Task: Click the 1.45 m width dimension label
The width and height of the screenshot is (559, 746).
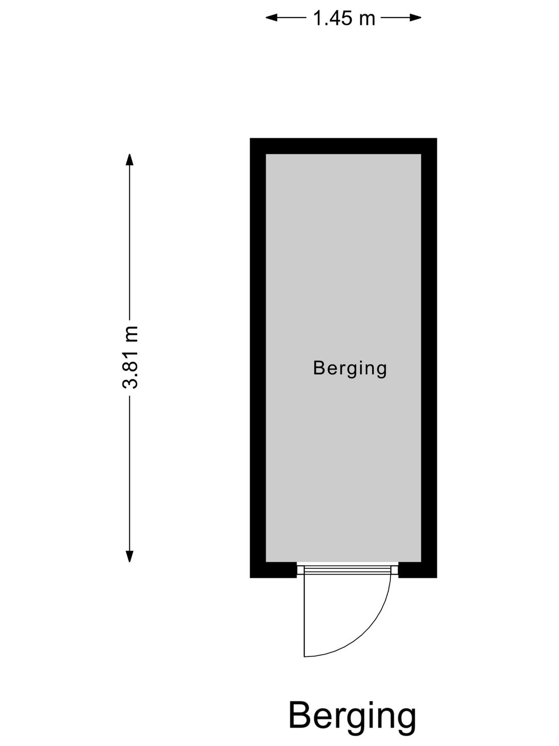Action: pyautogui.click(x=344, y=18)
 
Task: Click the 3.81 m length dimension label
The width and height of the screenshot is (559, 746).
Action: pyautogui.click(x=130, y=357)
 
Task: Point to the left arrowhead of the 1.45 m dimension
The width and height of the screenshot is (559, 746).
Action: pyautogui.click(x=271, y=18)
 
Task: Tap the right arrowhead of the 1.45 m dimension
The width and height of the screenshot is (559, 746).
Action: pyautogui.click(x=416, y=18)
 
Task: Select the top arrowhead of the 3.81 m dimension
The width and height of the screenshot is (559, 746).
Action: pyautogui.click(x=129, y=160)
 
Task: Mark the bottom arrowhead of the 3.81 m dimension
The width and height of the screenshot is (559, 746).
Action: pyautogui.click(x=129, y=556)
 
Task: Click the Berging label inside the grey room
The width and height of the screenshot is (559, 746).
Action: pyautogui.click(x=350, y=369)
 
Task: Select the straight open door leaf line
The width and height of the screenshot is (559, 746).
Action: pyautogui.click(x=304, y=616)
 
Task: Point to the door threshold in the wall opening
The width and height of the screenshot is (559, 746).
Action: pyautogui.click(x=347, y=570)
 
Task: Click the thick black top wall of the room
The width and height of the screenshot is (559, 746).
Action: pyautogui.click(x=343, y=146)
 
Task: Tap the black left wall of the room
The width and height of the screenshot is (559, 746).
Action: pyautogui.click(x=258, y=358)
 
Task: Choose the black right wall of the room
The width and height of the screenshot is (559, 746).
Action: pyautogui.click(x=429, y=358)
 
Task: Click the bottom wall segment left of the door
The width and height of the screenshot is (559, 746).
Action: pyautogui.click(x=273, y=570)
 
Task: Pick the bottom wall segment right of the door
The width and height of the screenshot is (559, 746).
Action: pyautogui.click(x=418, y=570)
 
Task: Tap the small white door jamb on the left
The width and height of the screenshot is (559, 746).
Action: pyautogui.click(x=301, y=570)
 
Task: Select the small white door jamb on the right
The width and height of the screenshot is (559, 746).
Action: pyautogui.click(x=395, y=570)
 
